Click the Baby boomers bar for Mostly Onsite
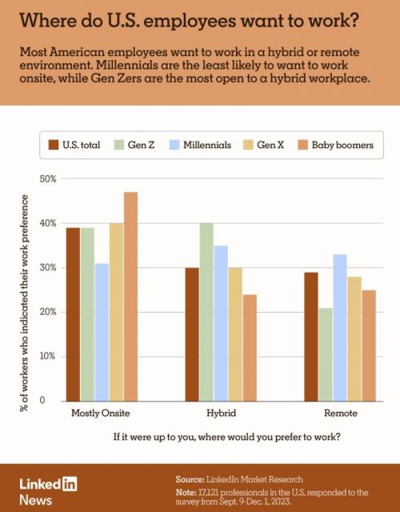[130, 296]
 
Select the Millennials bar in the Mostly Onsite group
[102, 331]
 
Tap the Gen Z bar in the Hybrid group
[206, 311]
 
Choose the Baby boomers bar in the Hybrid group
[250, 347]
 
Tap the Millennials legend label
[207, 145]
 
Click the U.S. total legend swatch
[55, 145]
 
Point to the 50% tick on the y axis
[46, 179]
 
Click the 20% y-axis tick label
[46, 312]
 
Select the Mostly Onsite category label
[101, 414]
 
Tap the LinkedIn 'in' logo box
[68, 483]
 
